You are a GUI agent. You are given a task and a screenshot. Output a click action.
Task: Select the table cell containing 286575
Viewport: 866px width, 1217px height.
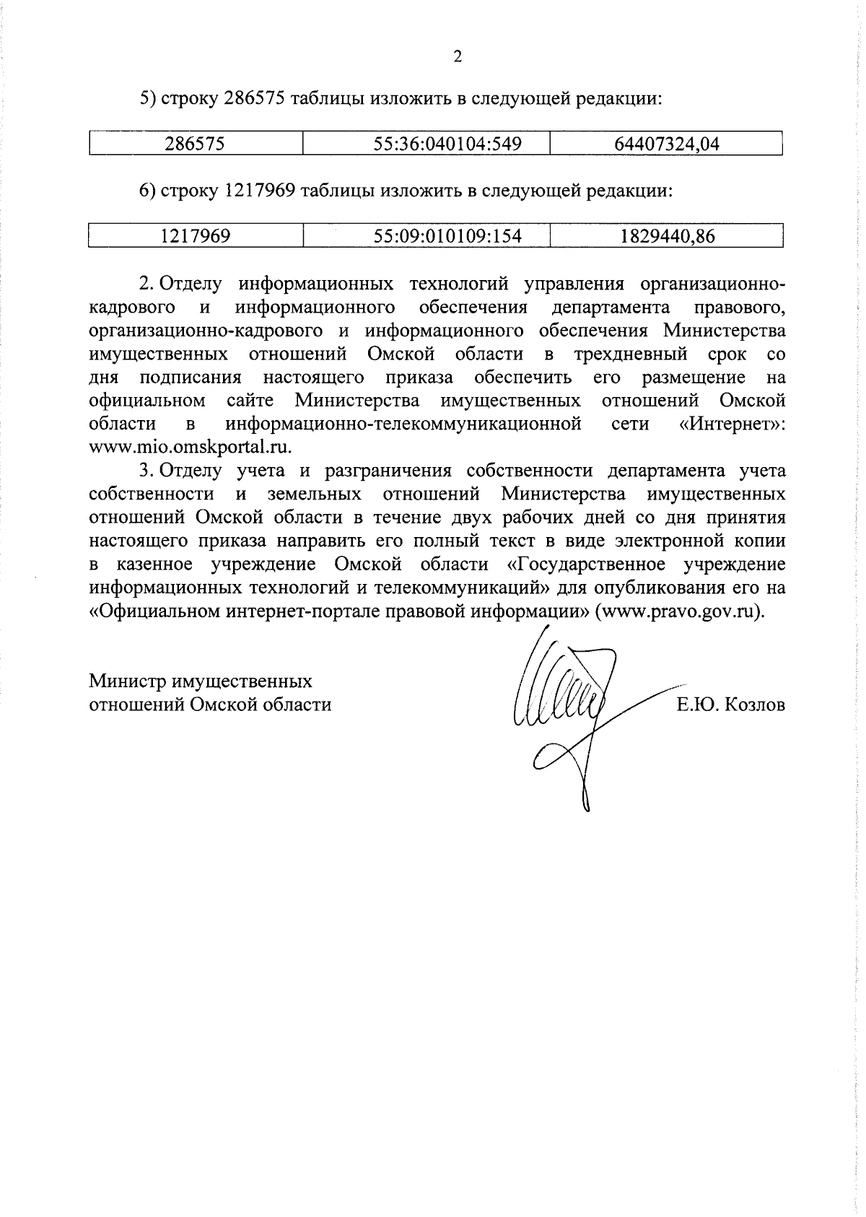point(195,144)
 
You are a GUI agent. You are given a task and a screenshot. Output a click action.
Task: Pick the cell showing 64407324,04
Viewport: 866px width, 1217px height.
point(666,144)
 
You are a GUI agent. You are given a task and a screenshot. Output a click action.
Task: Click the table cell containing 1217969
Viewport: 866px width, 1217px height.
point(195,236)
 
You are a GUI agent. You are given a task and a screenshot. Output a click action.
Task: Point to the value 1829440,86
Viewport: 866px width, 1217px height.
point(666,236)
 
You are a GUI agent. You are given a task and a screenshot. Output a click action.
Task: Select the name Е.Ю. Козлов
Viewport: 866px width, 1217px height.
point(730,705)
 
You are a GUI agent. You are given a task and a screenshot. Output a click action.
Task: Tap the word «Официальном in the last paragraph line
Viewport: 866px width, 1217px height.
point(156,611)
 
